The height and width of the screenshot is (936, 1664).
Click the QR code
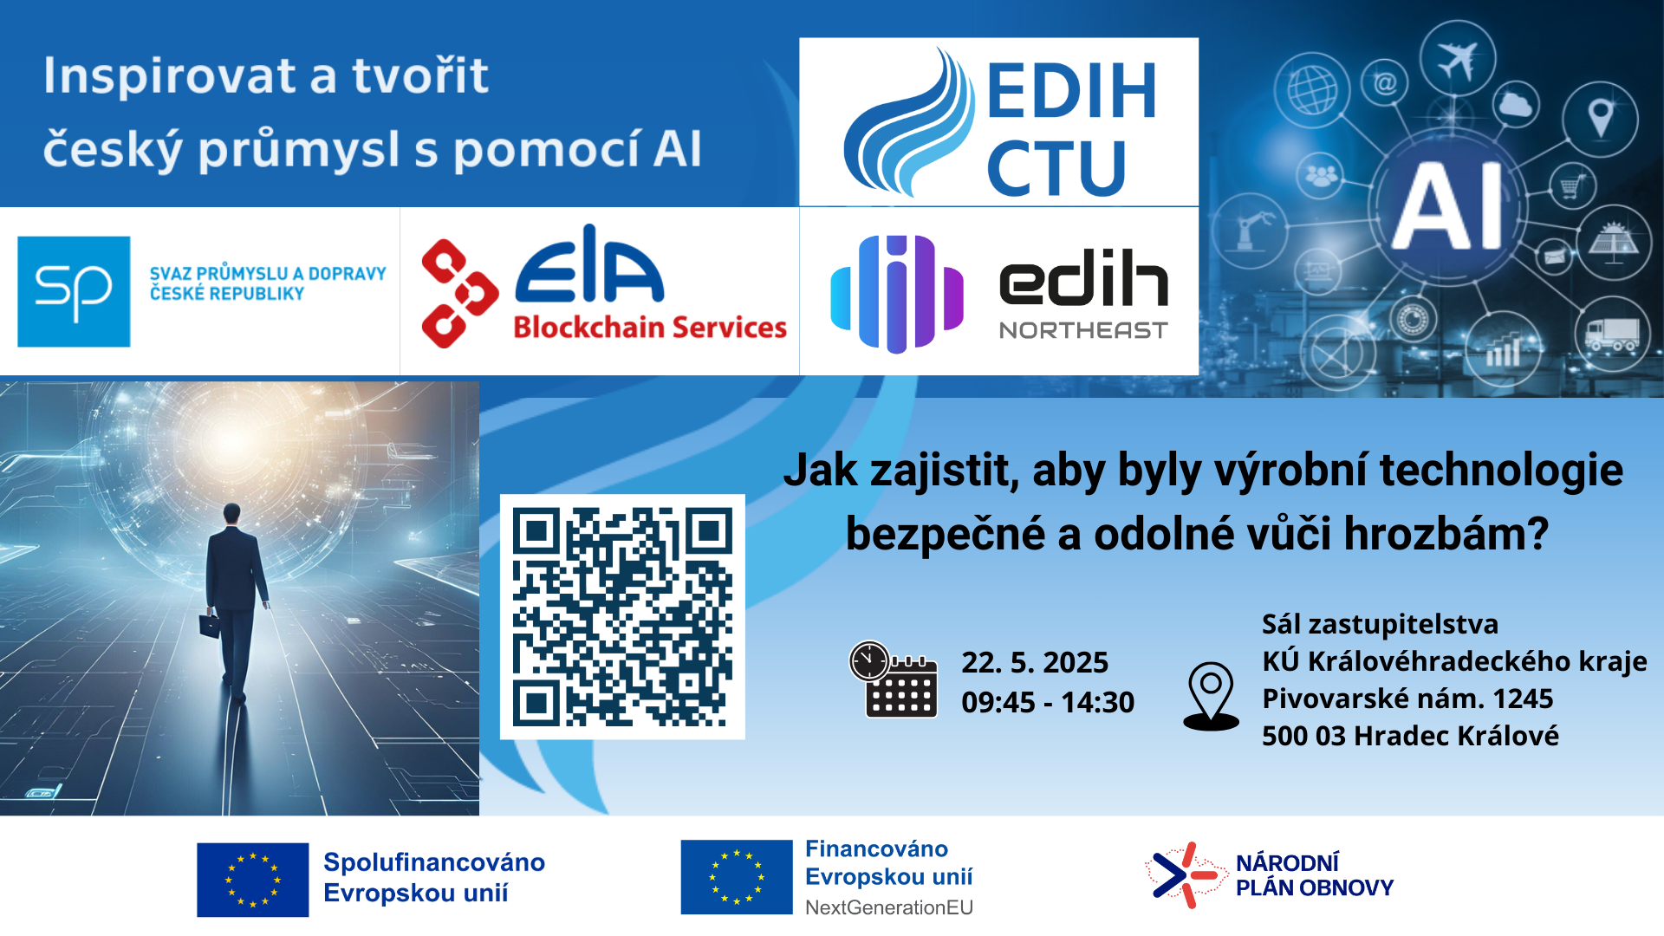point(622,616)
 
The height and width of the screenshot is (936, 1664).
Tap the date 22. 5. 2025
point(1035,662)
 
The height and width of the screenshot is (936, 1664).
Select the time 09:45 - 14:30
point(1048,702)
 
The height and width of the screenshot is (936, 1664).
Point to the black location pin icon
point(1211,697)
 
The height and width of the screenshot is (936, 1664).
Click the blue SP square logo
point(74,291)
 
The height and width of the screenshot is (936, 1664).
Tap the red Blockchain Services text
point(650,328)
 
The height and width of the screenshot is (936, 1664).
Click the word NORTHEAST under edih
point(1083,330)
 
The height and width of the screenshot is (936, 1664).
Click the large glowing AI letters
point(1447,206)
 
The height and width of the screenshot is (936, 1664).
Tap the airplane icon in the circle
point(1457,59)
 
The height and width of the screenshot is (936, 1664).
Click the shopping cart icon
point(1572,186)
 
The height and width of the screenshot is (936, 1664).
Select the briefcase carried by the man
point(210,625)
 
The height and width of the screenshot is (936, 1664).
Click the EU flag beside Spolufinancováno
point(252,880)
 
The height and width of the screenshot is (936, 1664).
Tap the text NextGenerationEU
point(889,907)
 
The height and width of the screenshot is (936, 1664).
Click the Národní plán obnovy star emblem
point(1184,875)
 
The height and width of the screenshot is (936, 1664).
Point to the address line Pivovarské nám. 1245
point(1407,699)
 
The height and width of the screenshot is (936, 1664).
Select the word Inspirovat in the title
point(170,75)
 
